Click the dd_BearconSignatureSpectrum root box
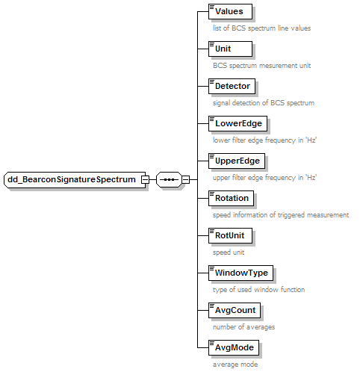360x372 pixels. coord(75,179)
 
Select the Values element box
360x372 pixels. coord(230,11)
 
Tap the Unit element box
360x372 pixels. coord(230,49)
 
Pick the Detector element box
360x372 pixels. coord(232,86)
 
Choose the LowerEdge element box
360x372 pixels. coord(238,123)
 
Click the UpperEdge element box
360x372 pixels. coord(237,161)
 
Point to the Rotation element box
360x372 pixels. coord(231,198)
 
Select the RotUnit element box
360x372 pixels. coord(230,235)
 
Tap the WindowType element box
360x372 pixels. coord(240,273)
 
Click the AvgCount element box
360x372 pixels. coord(235,310)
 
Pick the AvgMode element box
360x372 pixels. coord(234,347)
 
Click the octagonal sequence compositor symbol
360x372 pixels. coord(169,179)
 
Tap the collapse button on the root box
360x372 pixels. coord(145,179)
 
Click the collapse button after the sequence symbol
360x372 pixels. coord(185,179)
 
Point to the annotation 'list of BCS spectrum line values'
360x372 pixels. coord(261,28)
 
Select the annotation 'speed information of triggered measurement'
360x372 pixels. coord(281,215)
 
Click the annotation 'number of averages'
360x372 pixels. coord(243,327)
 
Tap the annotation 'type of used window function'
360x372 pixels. coord(258,290)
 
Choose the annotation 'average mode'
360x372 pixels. coord(235,365)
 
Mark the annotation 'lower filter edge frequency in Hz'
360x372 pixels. coord(264,140)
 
